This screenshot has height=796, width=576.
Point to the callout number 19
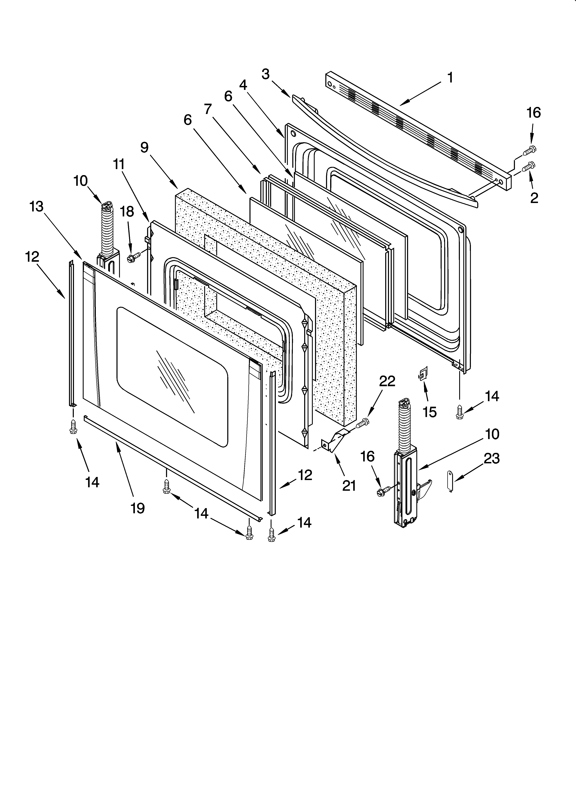click(138, 508)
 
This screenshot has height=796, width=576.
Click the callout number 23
click(492, 458)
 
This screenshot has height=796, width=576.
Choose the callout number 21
click(349, 486)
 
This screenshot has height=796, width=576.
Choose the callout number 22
click(387, 381)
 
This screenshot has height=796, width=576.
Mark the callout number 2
click(534, 198)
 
